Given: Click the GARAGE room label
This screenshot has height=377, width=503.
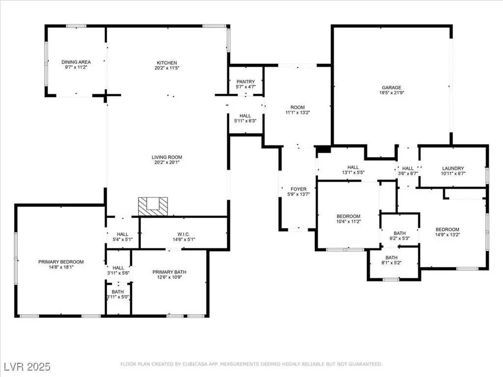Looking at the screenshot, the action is coord(391,87).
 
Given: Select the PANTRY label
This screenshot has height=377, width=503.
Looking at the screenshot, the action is coord(246,82).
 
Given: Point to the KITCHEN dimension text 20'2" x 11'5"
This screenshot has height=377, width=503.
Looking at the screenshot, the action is coord(167,68).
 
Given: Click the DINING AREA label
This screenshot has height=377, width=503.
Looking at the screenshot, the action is coord(76,62).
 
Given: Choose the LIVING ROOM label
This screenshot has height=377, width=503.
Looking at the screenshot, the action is coord(167,157).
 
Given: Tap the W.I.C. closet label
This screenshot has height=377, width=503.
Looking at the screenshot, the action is coord(184,234).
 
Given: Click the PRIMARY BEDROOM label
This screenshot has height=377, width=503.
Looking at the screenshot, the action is coord(61,262).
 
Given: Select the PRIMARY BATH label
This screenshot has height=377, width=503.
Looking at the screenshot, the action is coord(169,272).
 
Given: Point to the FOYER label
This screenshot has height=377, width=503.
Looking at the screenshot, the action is coord(298,189).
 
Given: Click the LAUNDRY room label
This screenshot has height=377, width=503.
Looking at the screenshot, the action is coord(453,168).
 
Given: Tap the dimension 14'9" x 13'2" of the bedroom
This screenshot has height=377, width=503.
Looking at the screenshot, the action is coord(447,235).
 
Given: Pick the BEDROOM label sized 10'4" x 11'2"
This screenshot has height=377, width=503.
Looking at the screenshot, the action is coord(348,216).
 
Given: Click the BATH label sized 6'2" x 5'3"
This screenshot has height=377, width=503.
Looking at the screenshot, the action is coord(400,233).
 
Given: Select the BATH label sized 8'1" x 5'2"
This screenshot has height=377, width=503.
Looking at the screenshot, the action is coord(391,258).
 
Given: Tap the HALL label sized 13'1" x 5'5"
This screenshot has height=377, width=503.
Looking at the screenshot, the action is coord(353,167).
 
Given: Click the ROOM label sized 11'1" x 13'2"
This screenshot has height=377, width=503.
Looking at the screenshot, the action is coord(298,108).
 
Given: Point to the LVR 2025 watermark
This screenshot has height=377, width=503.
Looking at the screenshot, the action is coord(28,367).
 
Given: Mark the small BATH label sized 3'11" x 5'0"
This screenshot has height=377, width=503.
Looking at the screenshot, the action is coord(118,292).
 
